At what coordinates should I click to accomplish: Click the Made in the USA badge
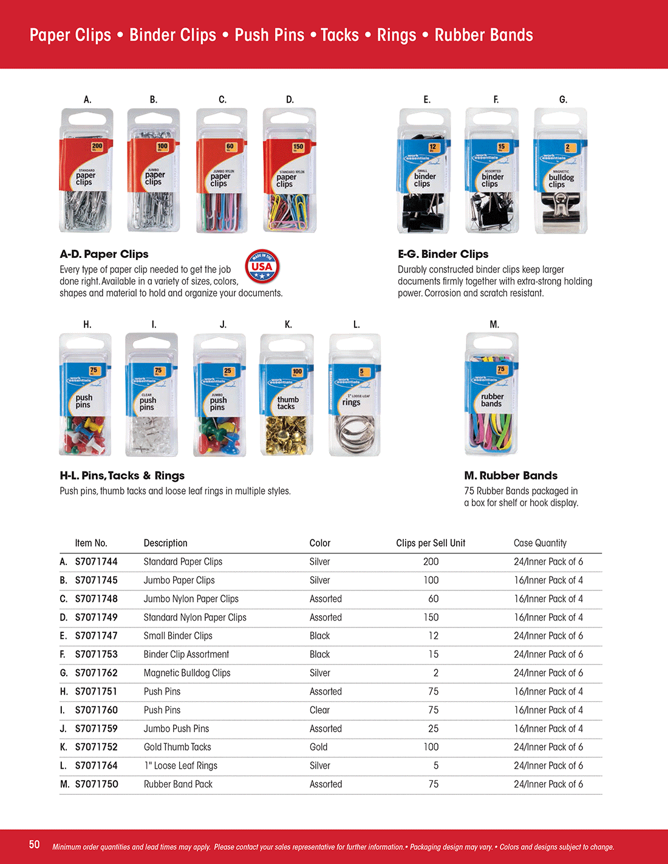[x=262, y=266]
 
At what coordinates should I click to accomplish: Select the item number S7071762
[x=96, y=673]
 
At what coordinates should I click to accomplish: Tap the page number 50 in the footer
[x=35, y=845]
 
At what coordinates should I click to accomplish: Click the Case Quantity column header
[x=540, y=543]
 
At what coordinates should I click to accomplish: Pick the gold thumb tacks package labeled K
[x=287, y=395]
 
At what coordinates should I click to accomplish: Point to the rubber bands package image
[x=492, y=394]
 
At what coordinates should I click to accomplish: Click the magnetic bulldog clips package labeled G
[x=561, y=171]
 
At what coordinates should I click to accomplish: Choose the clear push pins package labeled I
[x=152, y=395]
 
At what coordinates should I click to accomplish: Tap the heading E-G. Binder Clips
[x=443, y=254]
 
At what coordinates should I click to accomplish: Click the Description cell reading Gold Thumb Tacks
[x=177, y=747]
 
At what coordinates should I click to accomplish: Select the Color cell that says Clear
[x=319, y=710]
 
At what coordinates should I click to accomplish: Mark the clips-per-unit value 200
[x=431, y=562]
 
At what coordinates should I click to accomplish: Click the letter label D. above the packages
[x=290, y=100]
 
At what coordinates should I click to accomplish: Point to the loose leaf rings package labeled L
[x=355, y=395]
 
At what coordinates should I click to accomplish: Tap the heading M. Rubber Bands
[x=511, y=476]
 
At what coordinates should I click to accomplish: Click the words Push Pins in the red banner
[x=270, y=35]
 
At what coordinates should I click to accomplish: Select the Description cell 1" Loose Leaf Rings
[x=180, y=766]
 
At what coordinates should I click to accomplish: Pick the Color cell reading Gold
[x=318, y=747]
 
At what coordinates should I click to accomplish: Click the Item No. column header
[x=91, y=543]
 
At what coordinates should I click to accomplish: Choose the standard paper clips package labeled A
[x=86, y=171]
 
